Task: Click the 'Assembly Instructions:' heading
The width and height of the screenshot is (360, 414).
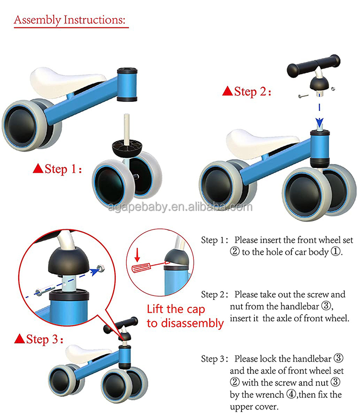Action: click(x=71, y=20)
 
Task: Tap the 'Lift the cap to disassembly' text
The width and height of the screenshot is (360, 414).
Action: click(x=185, y=316)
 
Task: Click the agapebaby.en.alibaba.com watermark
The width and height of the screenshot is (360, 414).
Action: click(x=180, y=207)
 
